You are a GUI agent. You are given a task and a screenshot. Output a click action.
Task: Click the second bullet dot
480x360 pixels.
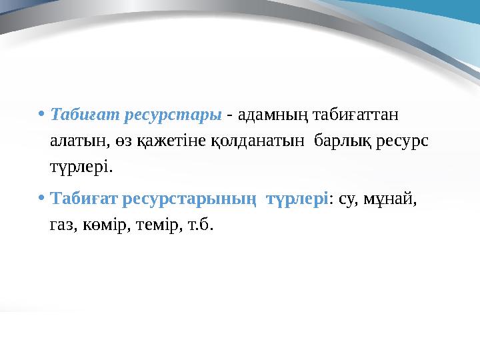pos(42,199)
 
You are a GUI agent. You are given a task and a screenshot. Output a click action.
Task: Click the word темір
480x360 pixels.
pos(163,225)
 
